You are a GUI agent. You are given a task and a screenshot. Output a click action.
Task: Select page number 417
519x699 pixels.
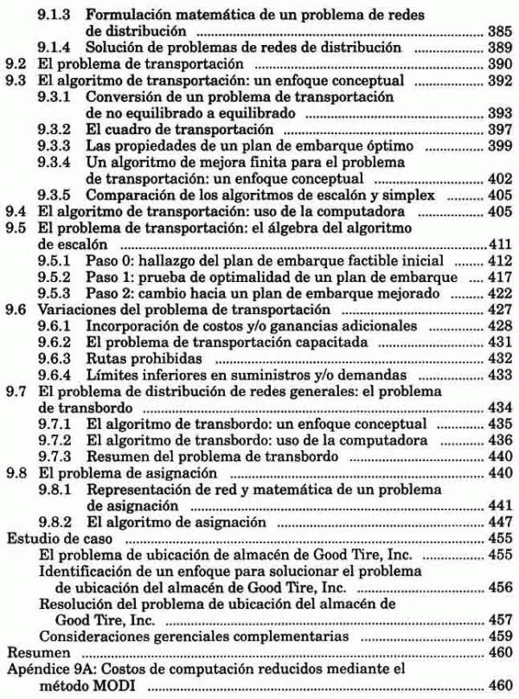[x=498, y=279]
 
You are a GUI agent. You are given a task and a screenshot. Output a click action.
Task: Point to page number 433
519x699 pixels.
[x=498, y=376]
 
